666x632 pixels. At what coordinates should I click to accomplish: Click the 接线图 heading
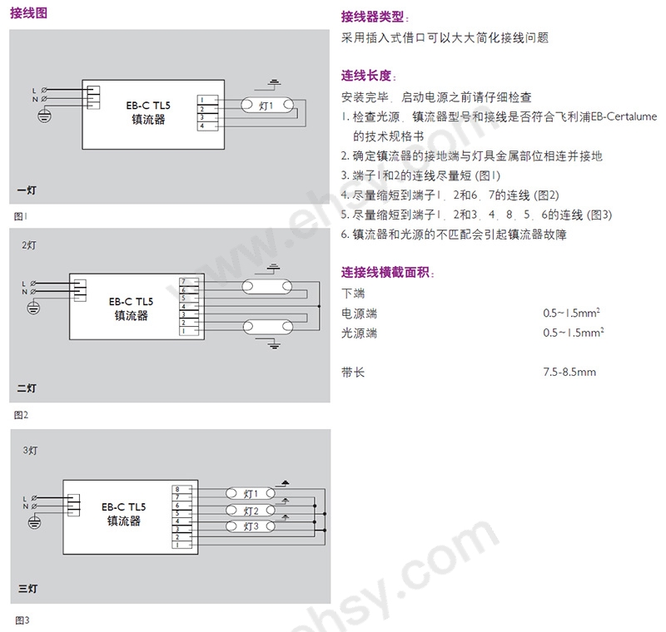[28, 12]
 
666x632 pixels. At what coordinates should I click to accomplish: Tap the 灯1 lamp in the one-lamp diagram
[267, 105]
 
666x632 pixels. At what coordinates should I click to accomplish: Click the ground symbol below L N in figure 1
[45, 115]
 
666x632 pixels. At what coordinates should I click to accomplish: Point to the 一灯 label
[27, 190]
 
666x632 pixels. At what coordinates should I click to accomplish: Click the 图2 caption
[21, 415]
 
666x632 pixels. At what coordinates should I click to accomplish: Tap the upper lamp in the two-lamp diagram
[267, 287]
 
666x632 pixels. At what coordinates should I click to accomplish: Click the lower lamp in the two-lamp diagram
[268, 327]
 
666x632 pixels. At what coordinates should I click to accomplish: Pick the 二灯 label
[27, 388]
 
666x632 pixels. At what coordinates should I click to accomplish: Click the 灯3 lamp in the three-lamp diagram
[251, 526]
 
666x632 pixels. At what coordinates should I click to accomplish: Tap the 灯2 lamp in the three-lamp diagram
[251, 511]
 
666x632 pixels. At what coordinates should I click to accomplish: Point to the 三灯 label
[28, 588]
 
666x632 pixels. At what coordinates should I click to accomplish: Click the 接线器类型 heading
[372, 17]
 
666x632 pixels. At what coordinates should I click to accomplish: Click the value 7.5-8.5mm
[569, 373]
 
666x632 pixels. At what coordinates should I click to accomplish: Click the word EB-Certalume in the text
[624, 116]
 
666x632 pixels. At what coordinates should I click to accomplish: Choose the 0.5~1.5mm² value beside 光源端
[574, 333]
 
